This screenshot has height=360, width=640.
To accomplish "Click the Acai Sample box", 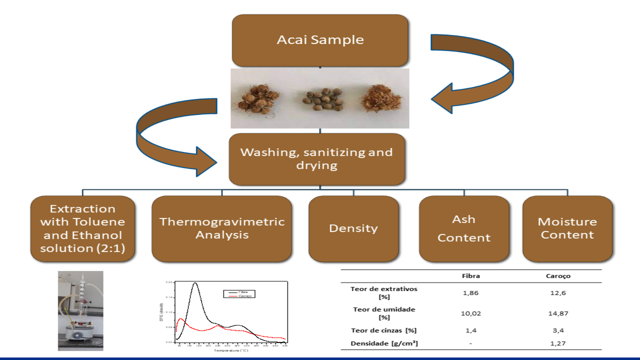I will click(x=320, y=40).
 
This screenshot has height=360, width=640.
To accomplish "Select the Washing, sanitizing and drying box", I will click(x=316, y=158).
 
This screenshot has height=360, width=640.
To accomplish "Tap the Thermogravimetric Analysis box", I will click(x=221, y=228).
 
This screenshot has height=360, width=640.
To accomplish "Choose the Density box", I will click(x=353, y=228).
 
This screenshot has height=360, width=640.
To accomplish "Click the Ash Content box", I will click(x=463, y=228).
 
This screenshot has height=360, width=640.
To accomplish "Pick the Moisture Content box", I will click(x=567, y=228).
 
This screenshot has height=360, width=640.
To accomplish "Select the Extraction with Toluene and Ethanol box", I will click(x=82, y=228).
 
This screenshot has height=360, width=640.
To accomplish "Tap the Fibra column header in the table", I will click(x=471, y=275).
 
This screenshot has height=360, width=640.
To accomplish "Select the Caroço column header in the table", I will click(x=558, y=275).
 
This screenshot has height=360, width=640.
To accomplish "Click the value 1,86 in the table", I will click(x=471, y=292).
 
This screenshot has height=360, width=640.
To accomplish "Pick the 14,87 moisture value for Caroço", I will click(x=558, y=313).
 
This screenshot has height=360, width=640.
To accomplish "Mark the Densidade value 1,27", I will click(x=558, y=343).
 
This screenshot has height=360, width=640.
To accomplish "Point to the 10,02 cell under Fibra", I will click(x=471, y=313).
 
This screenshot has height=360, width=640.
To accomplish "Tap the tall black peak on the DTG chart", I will click(x=195, y=284).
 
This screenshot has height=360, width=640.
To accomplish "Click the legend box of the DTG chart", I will click(x=239, y=293).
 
